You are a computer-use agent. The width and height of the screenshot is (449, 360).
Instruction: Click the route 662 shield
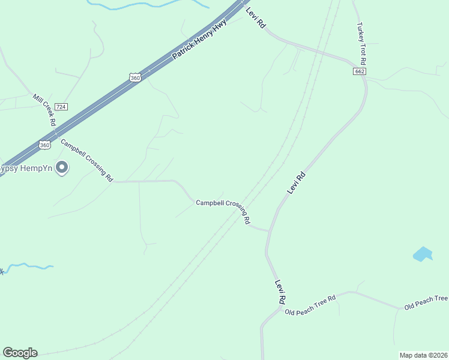(x=360, y=71)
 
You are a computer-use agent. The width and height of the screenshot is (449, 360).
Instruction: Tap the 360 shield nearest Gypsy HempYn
(x=44, y=145)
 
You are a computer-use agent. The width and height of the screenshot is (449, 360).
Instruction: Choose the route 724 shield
(x=61, y=107)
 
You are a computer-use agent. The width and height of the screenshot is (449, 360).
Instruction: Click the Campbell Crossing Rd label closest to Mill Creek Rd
(x=87, y=160)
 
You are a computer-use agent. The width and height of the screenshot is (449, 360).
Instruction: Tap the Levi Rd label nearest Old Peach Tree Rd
(x=279, y=291)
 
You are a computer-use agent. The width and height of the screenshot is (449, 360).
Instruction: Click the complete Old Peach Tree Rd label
(x=310, y=304)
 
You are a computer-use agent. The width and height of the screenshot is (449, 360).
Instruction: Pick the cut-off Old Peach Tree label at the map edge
(x=426, y=302)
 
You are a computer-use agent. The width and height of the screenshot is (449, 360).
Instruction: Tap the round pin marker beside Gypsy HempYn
(x=61, y=168)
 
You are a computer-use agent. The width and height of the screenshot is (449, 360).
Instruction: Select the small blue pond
(x=423, y=254)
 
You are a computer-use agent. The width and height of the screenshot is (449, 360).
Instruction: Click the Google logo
(x=20, y=353)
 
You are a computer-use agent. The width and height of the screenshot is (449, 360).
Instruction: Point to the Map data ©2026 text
(x=423, y=355)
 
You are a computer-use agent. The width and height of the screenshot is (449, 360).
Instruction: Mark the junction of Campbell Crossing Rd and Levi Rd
(x=268, y=231)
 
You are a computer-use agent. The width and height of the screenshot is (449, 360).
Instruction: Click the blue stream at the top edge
(x=150, y=5)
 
